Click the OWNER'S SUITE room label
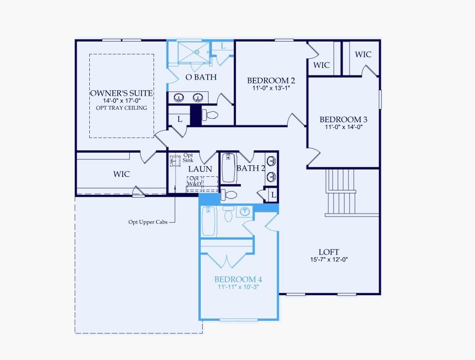tap(122, 93)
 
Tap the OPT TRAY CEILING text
tap(122, 108)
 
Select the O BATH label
tap(201, 77)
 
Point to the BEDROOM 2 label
tap(271, 81)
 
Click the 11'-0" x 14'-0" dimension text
tap(344, 127)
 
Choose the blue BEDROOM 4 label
tap(238, 279)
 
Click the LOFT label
tap(329, 252)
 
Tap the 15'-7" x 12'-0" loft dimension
tap(329, 259)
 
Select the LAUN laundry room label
tap(200, 169)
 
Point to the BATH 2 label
tap(251, 168)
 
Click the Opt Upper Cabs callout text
tap(148, 222)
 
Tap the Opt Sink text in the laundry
tap(188, 158)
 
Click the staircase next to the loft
tap(341, 192)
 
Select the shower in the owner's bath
tap(194, 52)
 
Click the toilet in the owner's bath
tap(210, 115)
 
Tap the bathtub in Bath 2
tap(229, 168)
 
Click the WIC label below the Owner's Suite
tap(121, 174)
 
